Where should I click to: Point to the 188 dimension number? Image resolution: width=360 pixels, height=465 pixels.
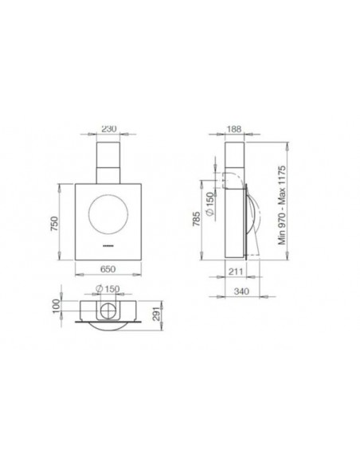pyautogui.click(x=237, y=127)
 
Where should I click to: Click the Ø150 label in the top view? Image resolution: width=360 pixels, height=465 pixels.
pyautogui.click(x=108, y=288)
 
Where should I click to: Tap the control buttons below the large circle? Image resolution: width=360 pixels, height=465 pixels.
pyautogui.click(x=108, y=248)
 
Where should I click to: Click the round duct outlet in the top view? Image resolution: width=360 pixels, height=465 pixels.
pyautogui.click(x=108, y=309)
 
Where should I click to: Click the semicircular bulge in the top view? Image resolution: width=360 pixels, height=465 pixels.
pyautogui.click(x=108, y=322)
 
